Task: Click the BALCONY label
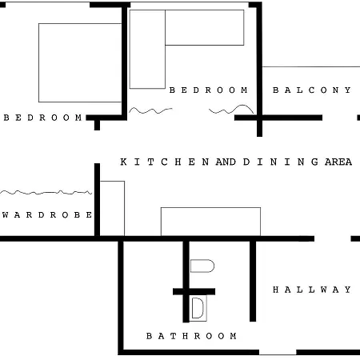[312, 90]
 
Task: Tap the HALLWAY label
[312, 290]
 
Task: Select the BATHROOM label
[191, 336]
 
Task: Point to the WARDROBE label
[47, 215]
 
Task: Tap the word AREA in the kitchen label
[338, 162]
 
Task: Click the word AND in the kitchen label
[226, 162]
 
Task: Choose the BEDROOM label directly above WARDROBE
[43, 118]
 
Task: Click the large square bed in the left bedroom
[80, 62]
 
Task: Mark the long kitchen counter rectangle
[210, 222]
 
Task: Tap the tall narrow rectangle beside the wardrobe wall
[113, 208]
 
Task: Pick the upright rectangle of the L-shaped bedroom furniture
[147, 50]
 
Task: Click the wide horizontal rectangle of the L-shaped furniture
[204, 27]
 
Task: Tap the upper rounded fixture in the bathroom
[202, 266]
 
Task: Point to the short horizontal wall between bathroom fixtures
[194, 291]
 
